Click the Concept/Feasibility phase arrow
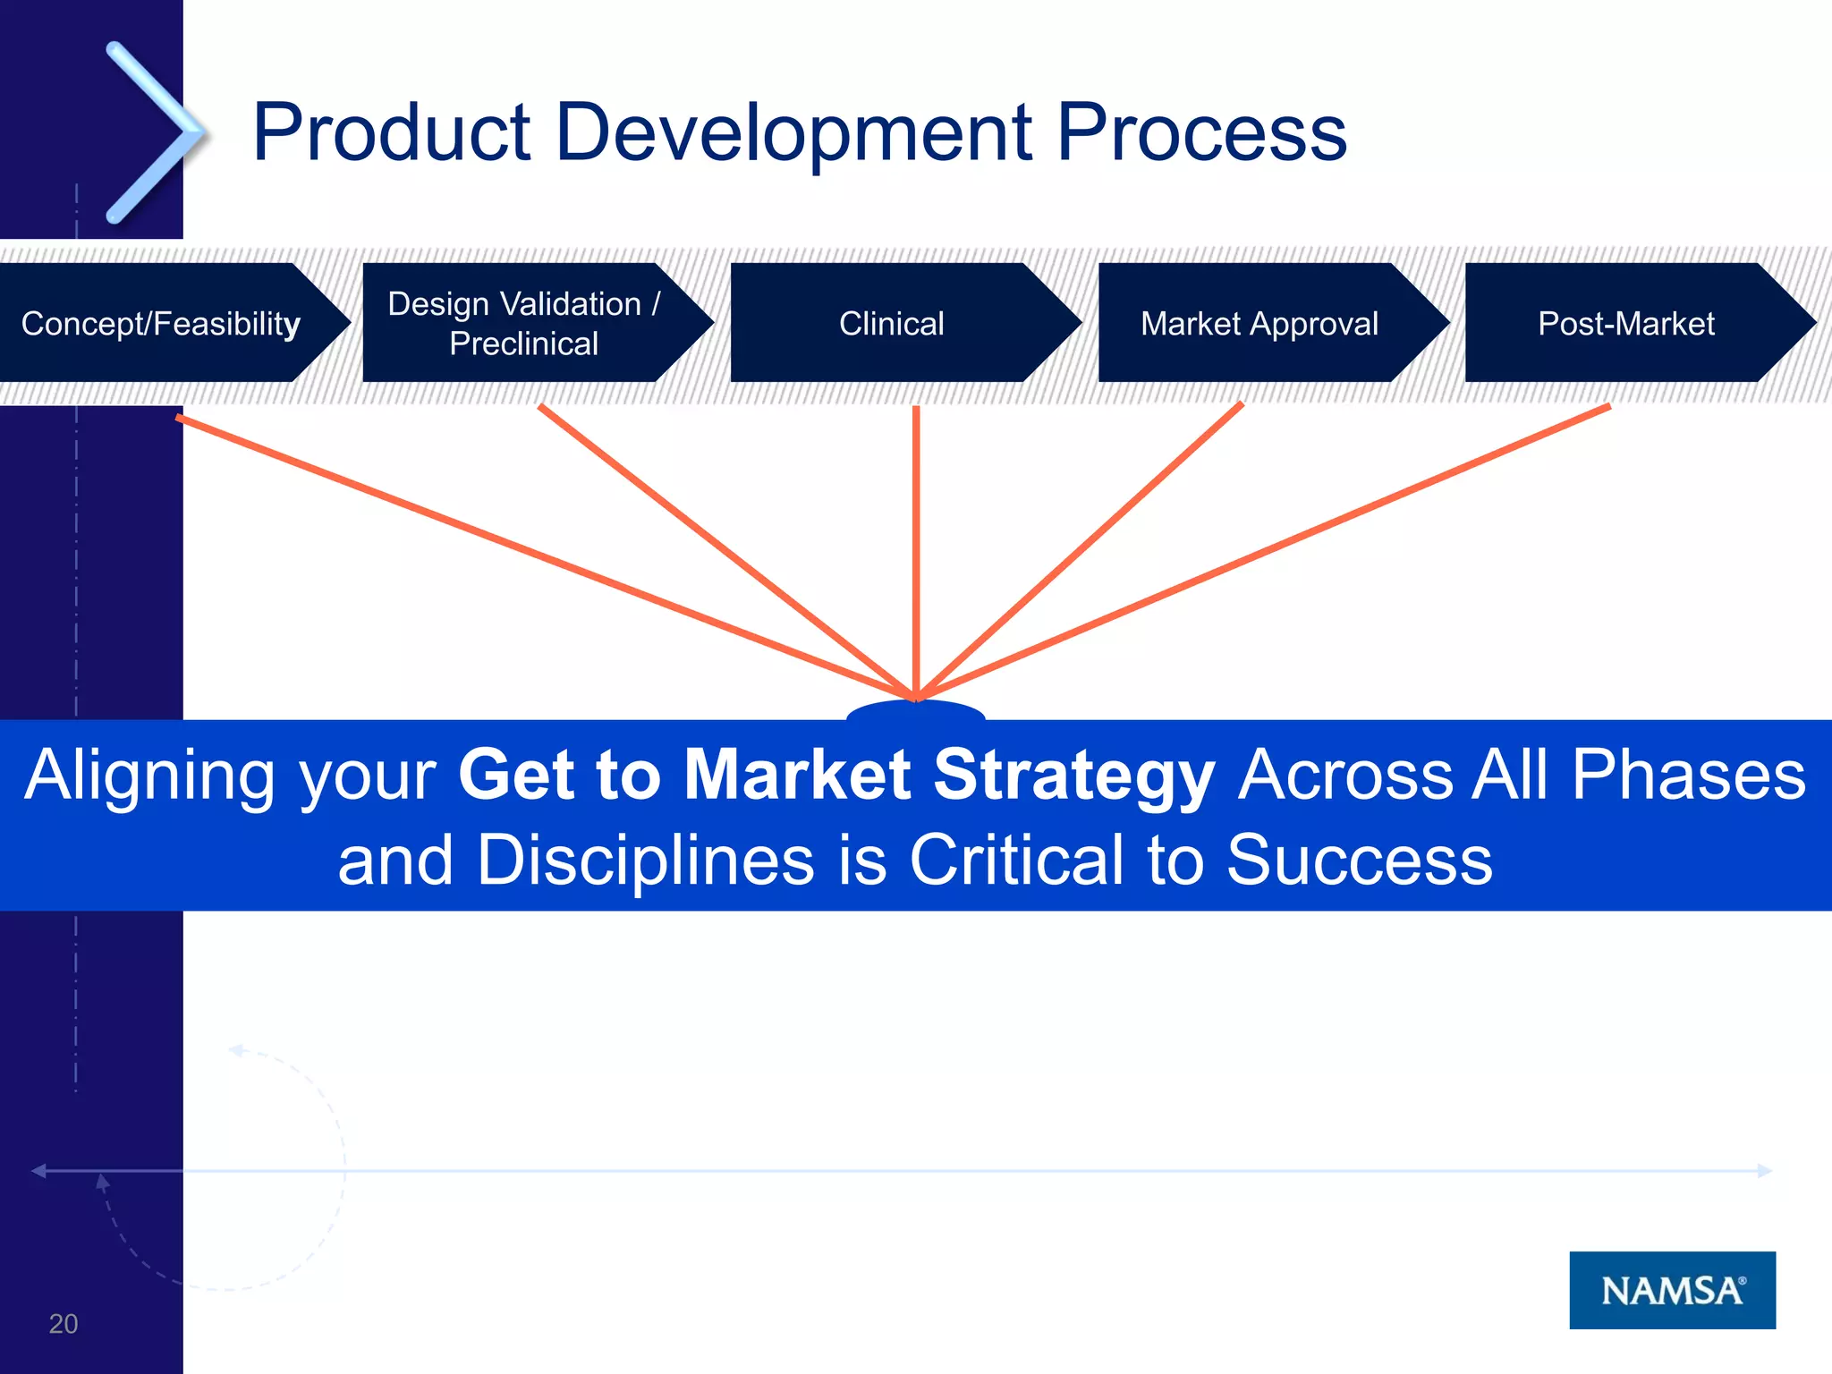(x=161, y=323)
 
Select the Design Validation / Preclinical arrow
(x=524, y=323)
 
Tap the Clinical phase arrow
(x=892, y=323)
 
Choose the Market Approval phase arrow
(x=1259, y=323)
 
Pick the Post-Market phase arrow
(x=1626, y=323)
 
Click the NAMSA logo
(x=1672, y=1290)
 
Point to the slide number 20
(x=64, y=1324)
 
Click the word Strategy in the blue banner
(x=1073, y=775)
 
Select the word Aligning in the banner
(x=148, y=775)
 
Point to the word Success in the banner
(x=1359, y=861)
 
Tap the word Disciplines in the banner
(x=645, y=861)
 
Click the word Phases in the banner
(x=1688, y=775)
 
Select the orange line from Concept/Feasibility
(x=537, y=554)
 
